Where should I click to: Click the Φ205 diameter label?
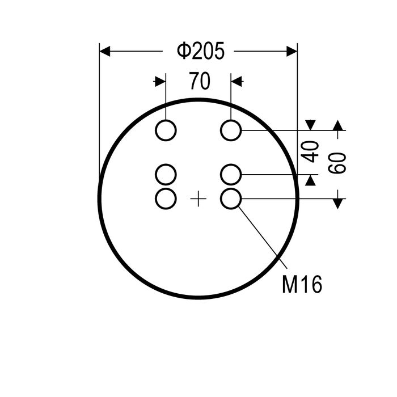[x=201, y=51]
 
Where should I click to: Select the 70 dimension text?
[x=200, y=81]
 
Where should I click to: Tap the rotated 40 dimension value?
[x=310, y=151]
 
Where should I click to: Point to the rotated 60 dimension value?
[x=337, y=163]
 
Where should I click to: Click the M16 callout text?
[x=302, y=284]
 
